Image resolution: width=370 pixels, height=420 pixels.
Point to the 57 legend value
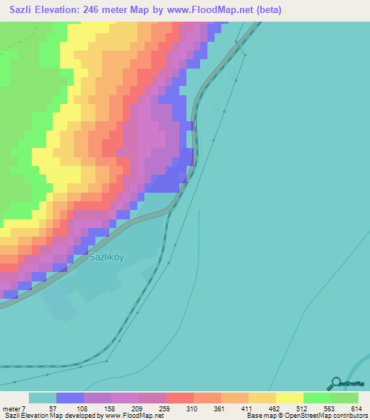click(x=53, y=408)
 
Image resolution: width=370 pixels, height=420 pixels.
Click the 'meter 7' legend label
click(x=14, y=408)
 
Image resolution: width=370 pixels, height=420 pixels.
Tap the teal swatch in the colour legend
click(x=43, y=398)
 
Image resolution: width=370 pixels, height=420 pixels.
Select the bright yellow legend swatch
click(x=289, y=398)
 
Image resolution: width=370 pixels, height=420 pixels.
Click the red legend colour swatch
click(x=179, y=398)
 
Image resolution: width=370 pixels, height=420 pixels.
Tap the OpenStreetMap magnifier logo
click(x=335, y=382)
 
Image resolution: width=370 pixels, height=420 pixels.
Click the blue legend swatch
click(x=70, y=398)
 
